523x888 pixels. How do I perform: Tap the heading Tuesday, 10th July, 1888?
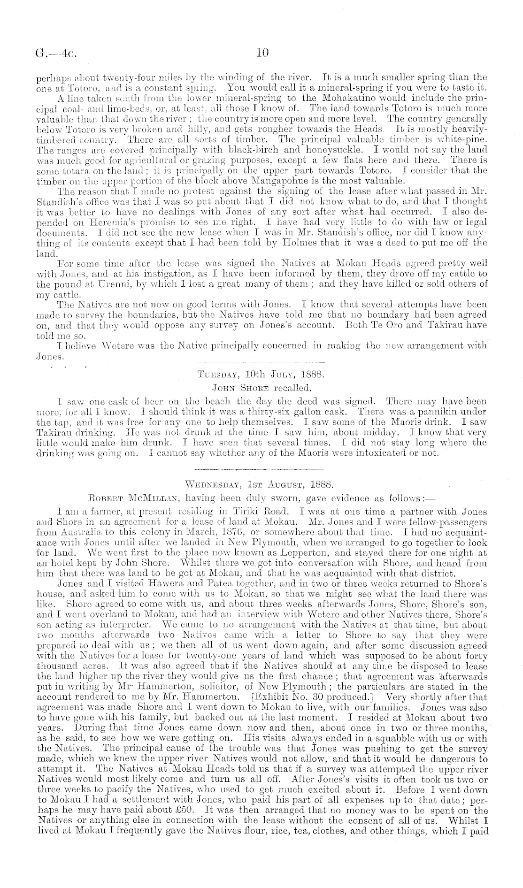point(261,375)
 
